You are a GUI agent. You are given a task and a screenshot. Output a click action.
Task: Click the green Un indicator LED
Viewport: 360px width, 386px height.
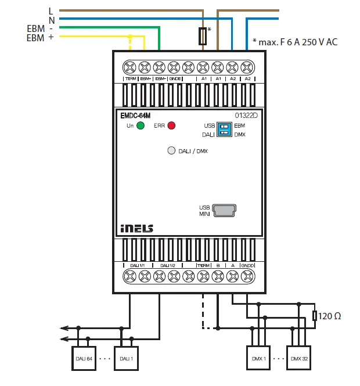coord(141,125)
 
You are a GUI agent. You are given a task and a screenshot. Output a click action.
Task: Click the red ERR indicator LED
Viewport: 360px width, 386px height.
coord(171,125)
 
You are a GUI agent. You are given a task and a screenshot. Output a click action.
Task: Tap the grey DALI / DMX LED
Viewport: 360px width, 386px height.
coord(171,150)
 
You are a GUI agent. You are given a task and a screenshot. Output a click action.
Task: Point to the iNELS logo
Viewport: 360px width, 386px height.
coord(137,228)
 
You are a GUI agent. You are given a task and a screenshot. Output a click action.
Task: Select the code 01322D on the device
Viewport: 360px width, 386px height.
coord(246,116)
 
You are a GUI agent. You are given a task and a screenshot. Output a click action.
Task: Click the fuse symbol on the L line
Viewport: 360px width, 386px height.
coord(203,36)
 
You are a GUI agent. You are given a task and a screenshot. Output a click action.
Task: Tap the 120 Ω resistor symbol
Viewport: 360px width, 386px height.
coord(315,316)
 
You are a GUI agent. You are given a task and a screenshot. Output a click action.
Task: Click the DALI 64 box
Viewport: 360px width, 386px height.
coord(84,358)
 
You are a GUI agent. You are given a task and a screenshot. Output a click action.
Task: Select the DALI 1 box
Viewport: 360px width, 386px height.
coord(126,358)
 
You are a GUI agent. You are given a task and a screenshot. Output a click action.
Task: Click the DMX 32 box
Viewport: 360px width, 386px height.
coord(300,358)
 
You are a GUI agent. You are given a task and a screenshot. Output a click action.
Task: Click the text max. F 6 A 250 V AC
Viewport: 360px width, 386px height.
coord(295,42)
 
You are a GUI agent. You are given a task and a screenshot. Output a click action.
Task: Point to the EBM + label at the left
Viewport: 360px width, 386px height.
coord(39,38)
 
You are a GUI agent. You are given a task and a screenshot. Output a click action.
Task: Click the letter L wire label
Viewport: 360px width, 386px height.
coord(51,10)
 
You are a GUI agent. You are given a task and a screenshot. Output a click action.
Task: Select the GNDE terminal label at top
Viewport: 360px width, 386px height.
coord(175,78)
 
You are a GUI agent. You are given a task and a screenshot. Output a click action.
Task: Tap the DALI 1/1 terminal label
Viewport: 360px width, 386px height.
coord(138,265)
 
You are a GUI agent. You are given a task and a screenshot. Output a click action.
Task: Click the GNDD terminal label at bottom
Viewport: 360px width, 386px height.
coord(247,265)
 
